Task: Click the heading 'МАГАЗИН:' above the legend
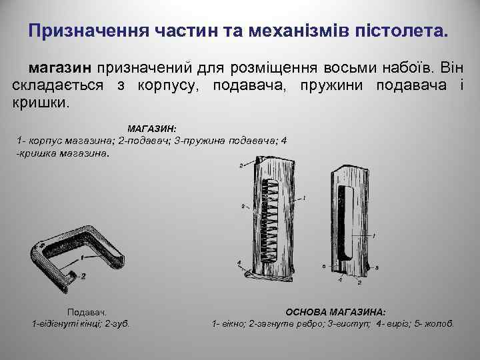pos(151,127)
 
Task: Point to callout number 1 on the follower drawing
pos(81,257)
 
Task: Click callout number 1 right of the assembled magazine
pos(304,198)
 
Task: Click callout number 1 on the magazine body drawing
pos(374,236)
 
